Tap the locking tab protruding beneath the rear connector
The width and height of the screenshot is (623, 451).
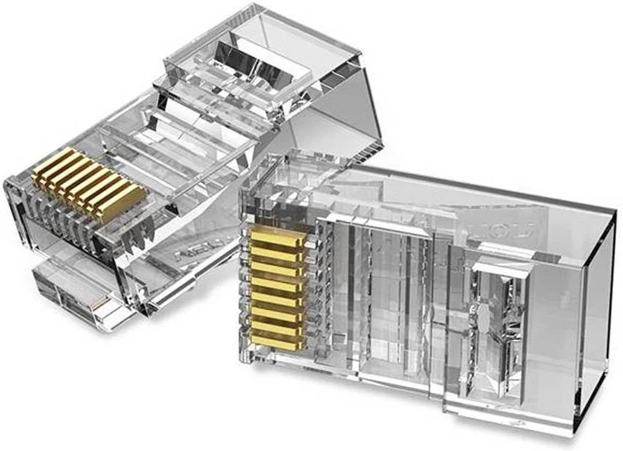pos(69,293)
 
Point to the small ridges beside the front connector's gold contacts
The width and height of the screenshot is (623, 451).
pos(321,287)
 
